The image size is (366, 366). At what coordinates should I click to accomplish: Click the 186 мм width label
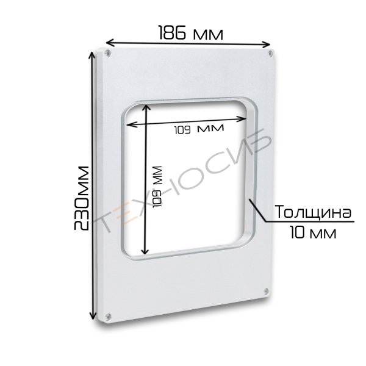click(x=191, y=33)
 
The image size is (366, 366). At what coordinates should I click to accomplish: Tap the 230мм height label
click(x=82, y=198)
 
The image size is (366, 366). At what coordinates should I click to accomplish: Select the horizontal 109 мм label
click(x=199, y=129)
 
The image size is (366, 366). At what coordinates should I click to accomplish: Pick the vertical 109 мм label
click(x=157, y=187)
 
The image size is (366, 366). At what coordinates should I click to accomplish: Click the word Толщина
click(x=314, y=212)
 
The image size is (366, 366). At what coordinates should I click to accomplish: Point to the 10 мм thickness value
click(x=314, y=232)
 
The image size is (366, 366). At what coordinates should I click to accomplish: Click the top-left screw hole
click(x=107, y=53)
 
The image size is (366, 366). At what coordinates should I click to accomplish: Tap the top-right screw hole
click(x=270, y=54)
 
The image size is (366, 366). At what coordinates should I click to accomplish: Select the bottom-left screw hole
click(x=108, y=317)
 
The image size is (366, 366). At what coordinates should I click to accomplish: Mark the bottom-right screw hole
click(x=266, y=291)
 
